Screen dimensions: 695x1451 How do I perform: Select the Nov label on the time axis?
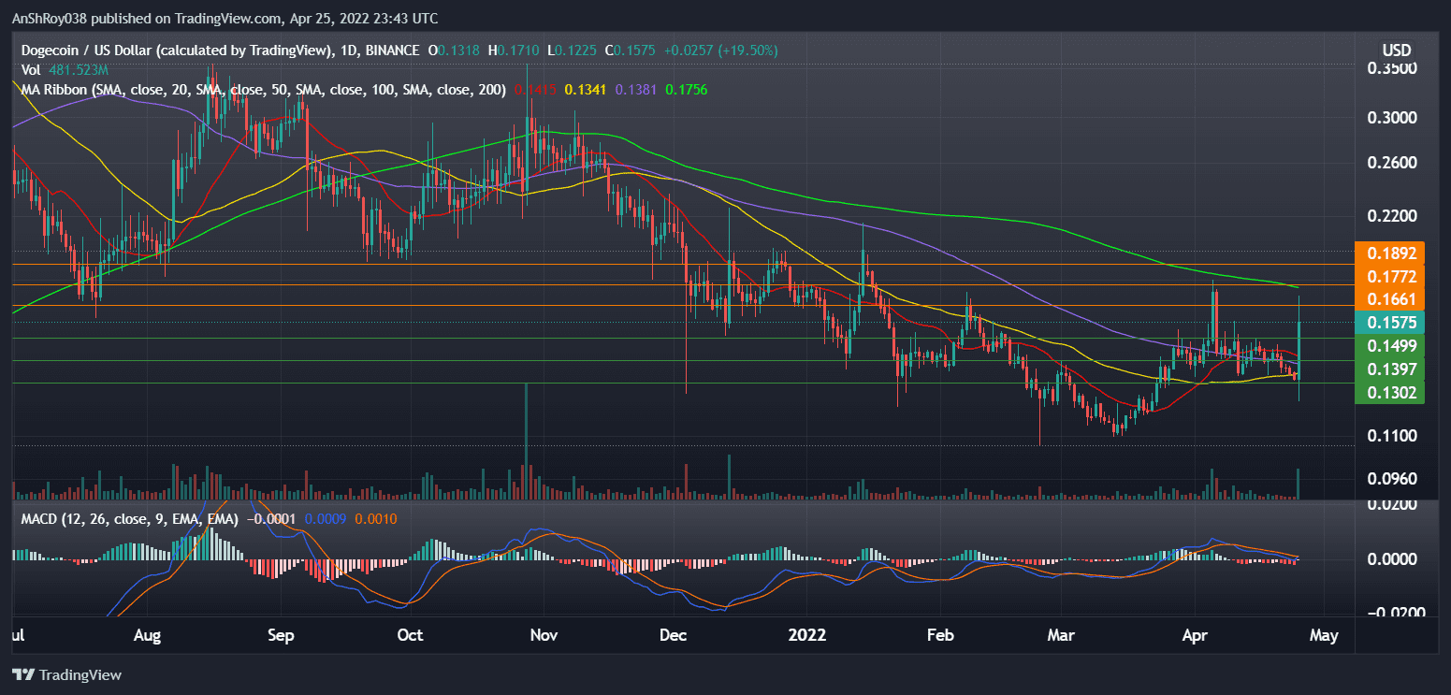click(544, 635)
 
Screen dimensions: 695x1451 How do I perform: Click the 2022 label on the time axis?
click(806, 635)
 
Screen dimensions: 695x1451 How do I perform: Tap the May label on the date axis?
click(1323, 635)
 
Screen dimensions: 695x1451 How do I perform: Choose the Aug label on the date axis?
click(148, 635)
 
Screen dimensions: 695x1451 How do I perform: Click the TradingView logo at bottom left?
click(67, 674)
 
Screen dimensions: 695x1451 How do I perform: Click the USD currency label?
click(1396, 49)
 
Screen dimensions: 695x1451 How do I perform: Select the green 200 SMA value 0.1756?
click(686, 91)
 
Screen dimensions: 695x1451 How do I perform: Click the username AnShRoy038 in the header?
click(51, 18)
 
